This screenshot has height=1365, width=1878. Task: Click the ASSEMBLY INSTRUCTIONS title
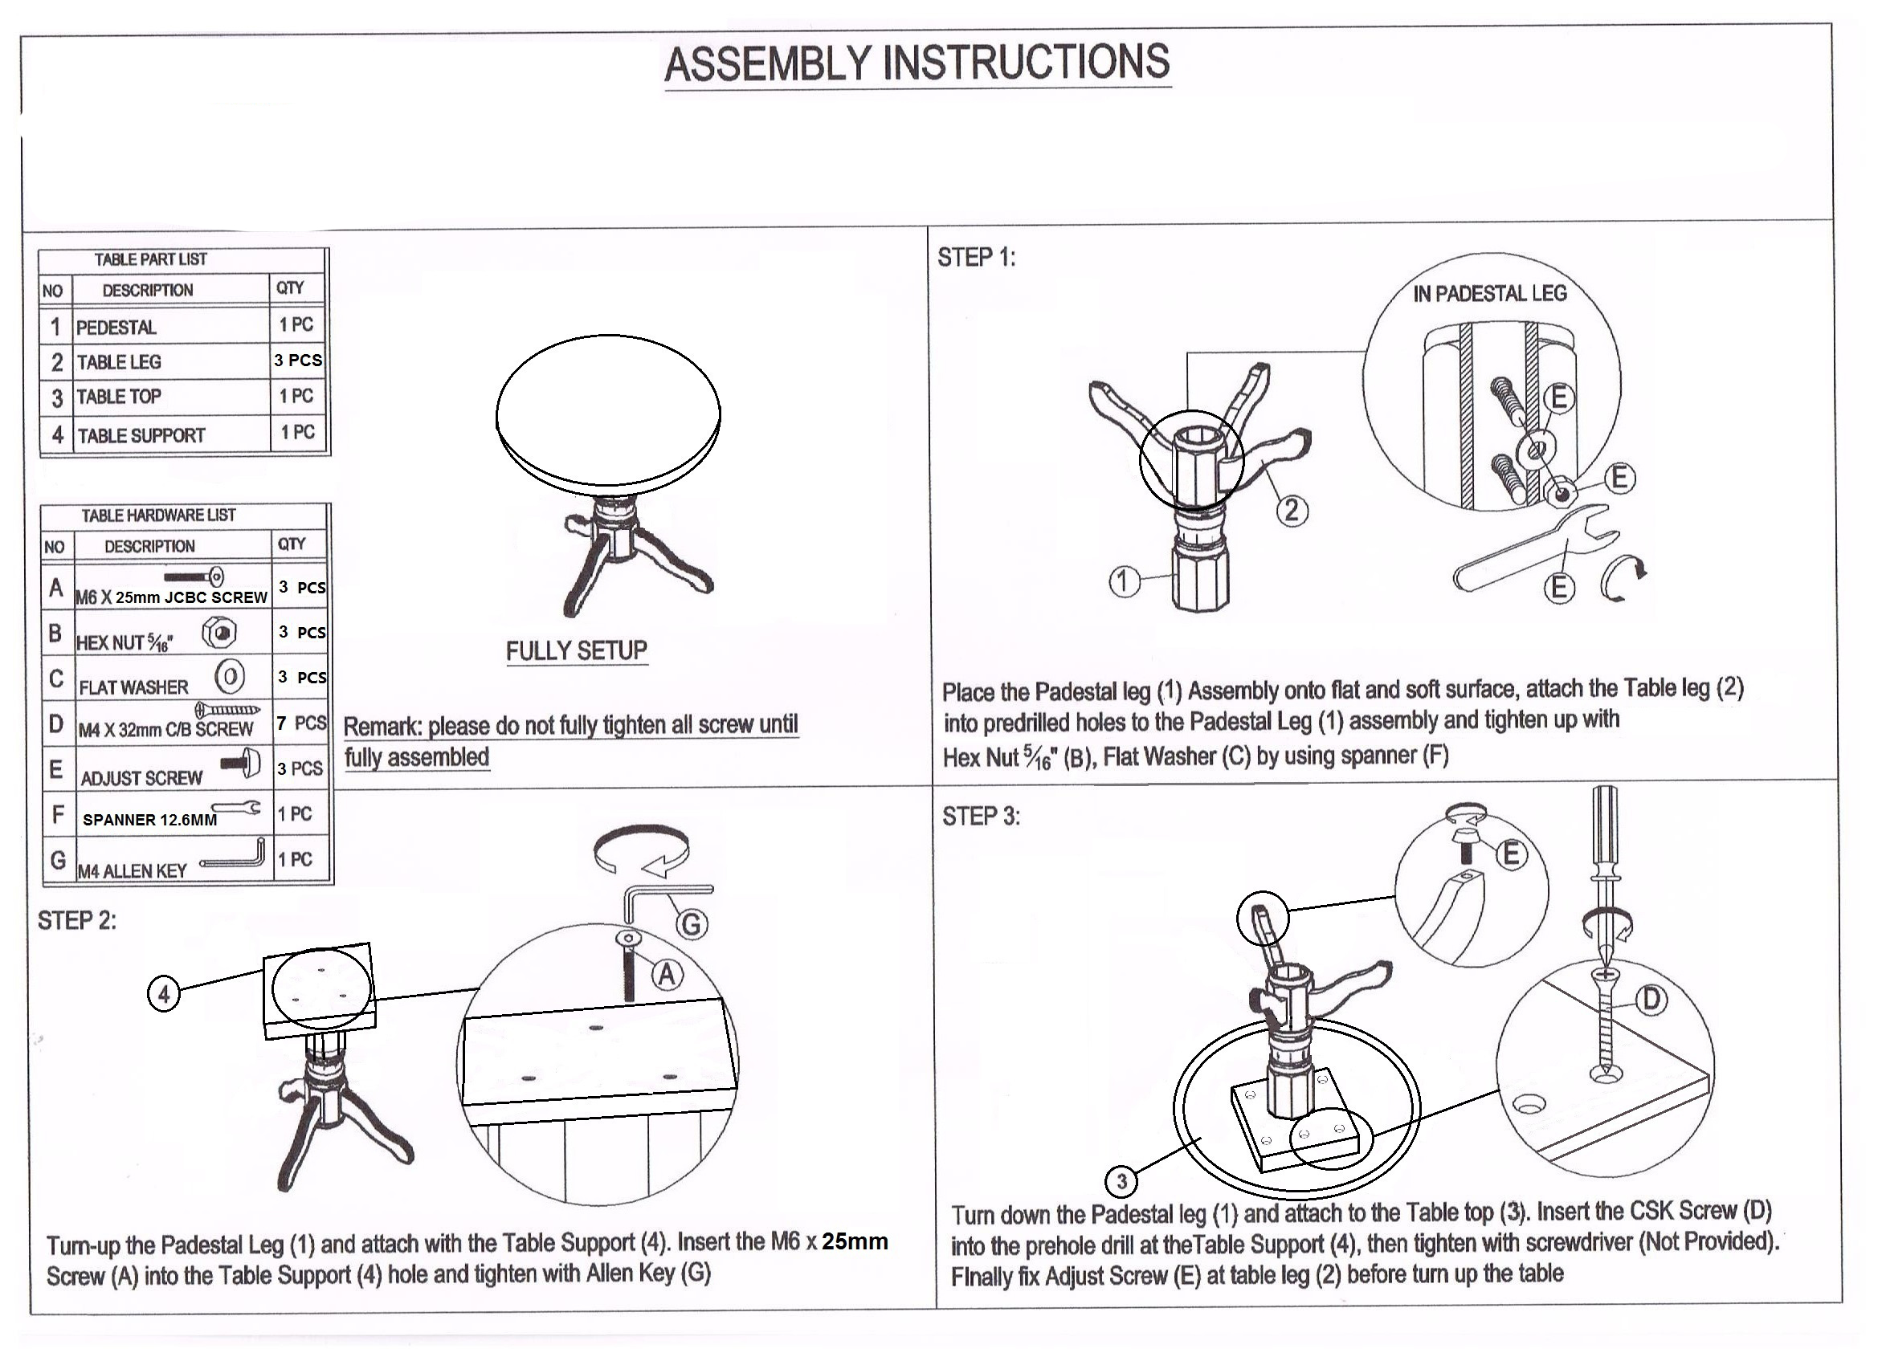917,63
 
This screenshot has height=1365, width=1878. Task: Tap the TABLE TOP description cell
119,397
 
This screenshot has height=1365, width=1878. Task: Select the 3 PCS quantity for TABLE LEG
298,360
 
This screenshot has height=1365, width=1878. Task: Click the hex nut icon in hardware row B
220,634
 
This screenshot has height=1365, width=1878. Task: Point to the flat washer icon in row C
231,677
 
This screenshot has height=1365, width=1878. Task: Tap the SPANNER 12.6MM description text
150,820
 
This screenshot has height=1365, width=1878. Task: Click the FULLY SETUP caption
576,650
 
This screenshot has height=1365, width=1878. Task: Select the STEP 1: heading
976,258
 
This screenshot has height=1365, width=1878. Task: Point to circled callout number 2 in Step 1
1292,510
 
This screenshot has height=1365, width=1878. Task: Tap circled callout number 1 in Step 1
1123,581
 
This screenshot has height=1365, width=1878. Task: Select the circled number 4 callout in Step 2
163,993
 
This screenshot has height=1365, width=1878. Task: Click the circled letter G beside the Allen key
692,924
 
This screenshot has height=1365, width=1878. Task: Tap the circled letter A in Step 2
668,975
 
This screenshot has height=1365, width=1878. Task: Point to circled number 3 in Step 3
1121,1180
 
